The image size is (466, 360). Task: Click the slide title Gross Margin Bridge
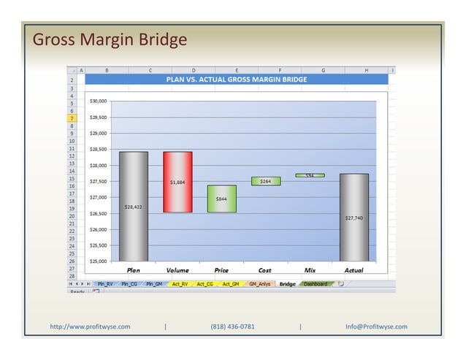(110, 39)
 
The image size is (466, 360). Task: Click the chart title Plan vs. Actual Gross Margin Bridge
(236, 80)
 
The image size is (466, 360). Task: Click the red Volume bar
(177, 182)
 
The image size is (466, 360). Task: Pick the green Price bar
(221, 199)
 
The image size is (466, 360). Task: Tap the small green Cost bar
(265, 181)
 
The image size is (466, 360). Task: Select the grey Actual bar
(354, 217)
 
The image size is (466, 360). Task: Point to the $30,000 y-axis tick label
(98, 101)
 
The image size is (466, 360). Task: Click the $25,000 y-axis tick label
(98, 261)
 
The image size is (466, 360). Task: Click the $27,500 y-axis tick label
(98, 181)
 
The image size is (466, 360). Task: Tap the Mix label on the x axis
(309, 270)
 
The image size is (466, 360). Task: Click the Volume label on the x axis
(177, 270)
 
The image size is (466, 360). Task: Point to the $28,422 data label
(134, 207)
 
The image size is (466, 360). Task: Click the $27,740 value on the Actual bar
(354, 218)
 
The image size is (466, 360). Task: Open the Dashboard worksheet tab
(316, 283)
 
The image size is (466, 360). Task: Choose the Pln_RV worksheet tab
(104, 283)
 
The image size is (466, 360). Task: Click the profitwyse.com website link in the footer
(90, 326)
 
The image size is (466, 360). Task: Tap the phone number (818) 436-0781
(232, 326)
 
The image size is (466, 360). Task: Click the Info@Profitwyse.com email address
(376, 326)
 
